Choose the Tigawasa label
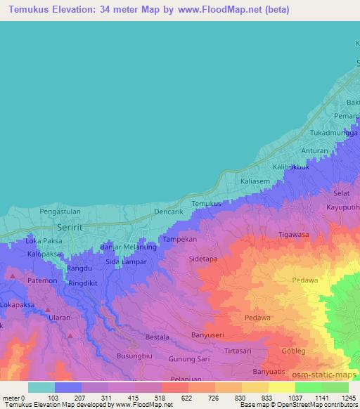[x=294, y=234]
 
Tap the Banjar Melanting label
[x=129, y=247]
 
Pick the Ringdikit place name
[x=86, y=283]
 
